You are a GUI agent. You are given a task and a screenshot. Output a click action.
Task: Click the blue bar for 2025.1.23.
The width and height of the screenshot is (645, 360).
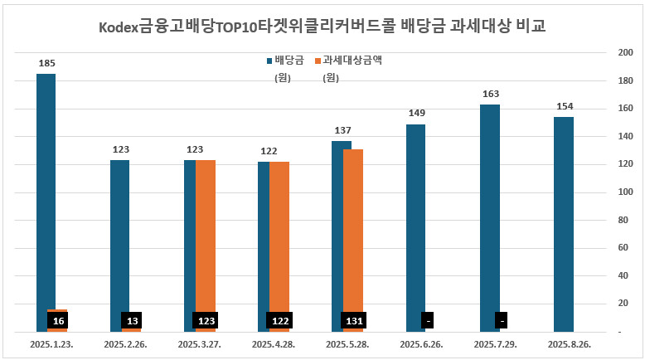pyautogui.click(x=46, y=191)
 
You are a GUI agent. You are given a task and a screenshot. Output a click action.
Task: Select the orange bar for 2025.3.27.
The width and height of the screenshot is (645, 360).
pyautogui.click(x=206, y=232)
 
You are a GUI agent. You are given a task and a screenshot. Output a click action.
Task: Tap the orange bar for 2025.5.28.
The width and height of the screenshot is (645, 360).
pyautogui.click(x=353, y=224)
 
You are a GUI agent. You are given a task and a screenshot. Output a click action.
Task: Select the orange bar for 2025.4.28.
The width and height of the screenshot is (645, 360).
pyautogui.click(x=279, y=232)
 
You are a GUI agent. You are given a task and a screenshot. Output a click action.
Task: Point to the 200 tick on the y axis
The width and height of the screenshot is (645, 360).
pyautogui.click(x=626, y=52)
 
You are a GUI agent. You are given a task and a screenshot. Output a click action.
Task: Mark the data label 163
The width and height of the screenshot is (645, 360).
pyautogui.click(x=490, y=94)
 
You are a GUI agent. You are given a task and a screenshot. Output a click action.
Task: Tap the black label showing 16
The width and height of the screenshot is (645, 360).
pyautogui.click(x=57, y=320)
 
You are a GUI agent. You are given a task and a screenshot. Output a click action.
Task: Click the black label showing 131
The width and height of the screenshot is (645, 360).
pyautogui.click(x=353, y=320)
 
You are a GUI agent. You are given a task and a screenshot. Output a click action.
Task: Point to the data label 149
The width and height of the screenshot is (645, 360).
pyautogui.click(x=415, y=113)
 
